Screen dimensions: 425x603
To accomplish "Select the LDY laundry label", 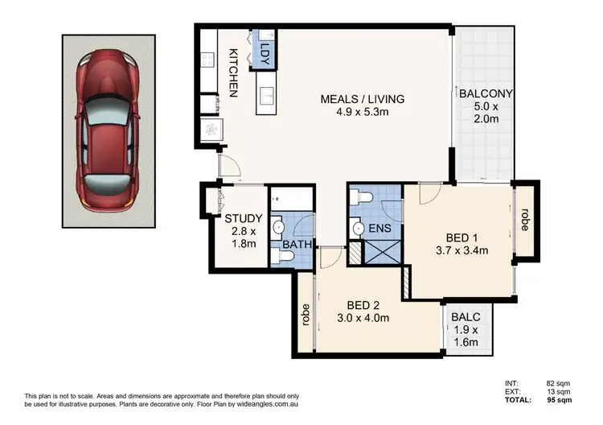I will [x=265, y=50].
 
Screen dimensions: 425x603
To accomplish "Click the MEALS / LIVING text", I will [x=362, y=99].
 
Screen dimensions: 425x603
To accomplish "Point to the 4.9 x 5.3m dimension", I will [x=362, y=113].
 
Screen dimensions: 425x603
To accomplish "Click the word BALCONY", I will [x=485, y=93].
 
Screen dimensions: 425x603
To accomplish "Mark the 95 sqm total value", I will [x=566, y=400].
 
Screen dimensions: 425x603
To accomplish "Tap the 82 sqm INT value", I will [x=566, y=383].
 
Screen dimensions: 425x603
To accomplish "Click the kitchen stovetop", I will [x=205, y=60].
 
